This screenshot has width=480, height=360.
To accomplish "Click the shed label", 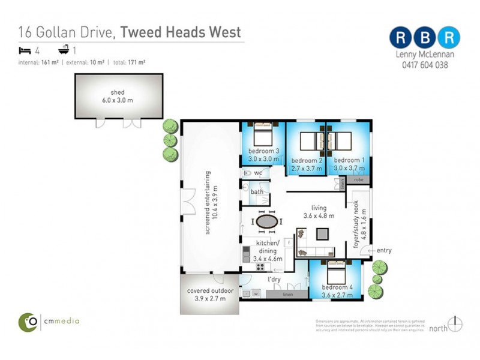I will click(117, 92).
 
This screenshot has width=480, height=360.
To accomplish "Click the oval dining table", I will click(267, 221).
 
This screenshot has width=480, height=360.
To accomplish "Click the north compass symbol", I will click(455, 324).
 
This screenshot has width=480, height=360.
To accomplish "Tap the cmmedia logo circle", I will click(27, 321).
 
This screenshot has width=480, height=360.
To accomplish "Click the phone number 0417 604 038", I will click(424, 65).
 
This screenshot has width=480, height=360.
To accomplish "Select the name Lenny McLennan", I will click(424, 55).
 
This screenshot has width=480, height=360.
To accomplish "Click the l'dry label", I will click(275, 280).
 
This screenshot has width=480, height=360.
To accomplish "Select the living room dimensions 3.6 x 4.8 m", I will click(319, 215).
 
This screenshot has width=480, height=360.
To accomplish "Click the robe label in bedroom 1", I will click(359, 179).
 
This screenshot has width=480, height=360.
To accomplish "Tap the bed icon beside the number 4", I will click(25, 50).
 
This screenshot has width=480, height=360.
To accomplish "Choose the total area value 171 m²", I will click(135, 62).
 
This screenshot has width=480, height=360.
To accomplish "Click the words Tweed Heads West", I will click(181, 32).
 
